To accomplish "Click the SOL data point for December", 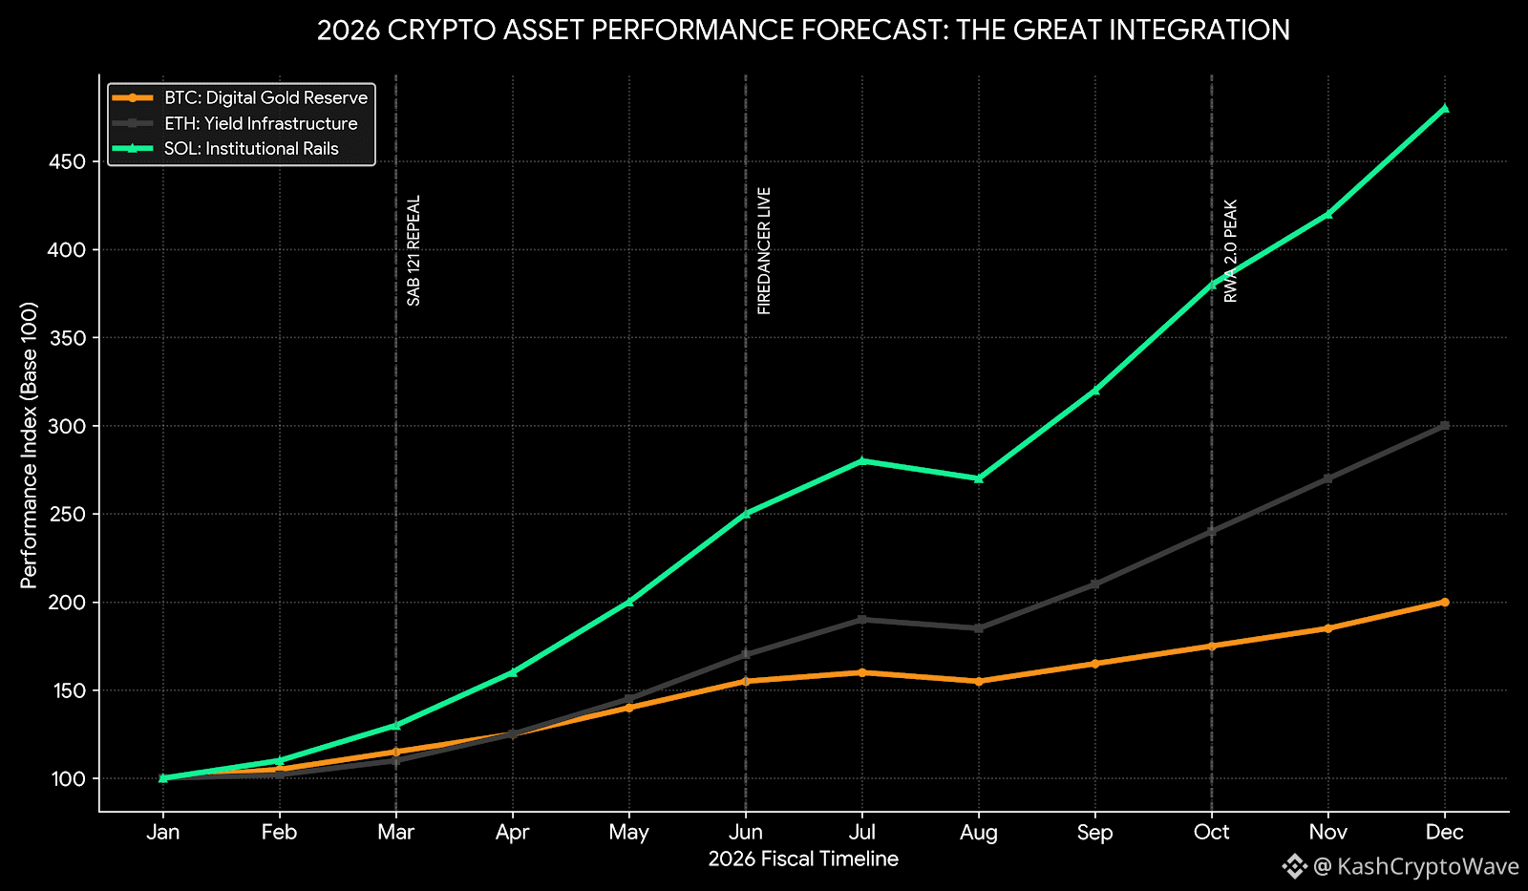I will click(1444, 108).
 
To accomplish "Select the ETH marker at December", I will click(1444, 426).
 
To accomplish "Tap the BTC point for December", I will click(1444, 602).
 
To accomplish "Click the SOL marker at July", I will click(862, 460).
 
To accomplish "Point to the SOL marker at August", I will click(979, 478).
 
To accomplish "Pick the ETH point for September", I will click(1095, 584).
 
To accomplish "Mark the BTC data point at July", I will click(862, 672).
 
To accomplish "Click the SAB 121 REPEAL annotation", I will click(414, 250).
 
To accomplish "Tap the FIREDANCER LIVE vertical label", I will click(764, 250).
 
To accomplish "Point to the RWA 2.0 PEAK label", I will click(1230, 250).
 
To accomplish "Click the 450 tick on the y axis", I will click(67, 161).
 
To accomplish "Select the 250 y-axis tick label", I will click(67, 514).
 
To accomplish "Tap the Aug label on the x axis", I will click(979, 832).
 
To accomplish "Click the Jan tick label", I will click(163, 832).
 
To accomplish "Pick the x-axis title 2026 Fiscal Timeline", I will click(803, 859).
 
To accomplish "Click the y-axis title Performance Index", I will click(29, 445).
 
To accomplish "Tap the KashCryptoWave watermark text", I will click(1428, 866).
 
